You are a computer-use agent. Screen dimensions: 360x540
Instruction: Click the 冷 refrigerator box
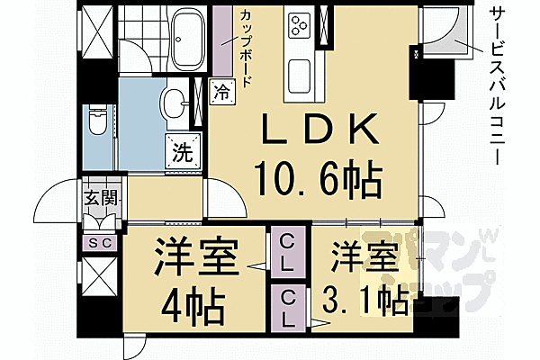pyautogui.click(x=220, y=90)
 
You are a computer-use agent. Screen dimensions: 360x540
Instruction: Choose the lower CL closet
pyautogui.click(x=288, y=306)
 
